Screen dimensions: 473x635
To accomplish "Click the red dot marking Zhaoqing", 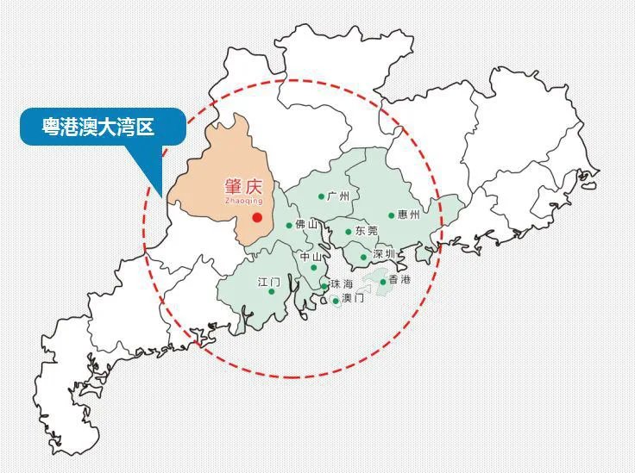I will (x=257, y=217).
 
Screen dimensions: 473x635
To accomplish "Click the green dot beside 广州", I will (x=321, y=196).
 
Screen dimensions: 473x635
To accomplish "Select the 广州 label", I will (x=338, y=196).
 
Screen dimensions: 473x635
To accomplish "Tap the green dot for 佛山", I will (x=289, y=226).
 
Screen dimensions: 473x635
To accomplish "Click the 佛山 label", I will (x=306, y=225).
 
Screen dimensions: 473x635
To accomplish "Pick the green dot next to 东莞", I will (x=349, y=232).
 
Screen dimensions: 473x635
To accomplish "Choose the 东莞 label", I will (x=366, y=231).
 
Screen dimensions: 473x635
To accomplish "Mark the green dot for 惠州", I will (x=391, y=215).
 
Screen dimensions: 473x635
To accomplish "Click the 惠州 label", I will (x=409, y=215).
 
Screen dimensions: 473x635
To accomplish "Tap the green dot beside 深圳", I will (x=364, y=257).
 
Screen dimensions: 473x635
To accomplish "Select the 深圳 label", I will (x=384, y=254).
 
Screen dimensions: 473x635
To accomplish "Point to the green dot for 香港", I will (x=383, y=282).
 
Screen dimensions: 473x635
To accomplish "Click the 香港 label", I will (x=400, y=280).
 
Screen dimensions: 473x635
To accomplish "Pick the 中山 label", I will (x=311, y=257).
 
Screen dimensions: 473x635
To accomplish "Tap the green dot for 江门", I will (x=272, y=291).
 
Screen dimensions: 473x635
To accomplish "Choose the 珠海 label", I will (x=341, y=284).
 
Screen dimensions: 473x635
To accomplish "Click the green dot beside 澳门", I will (x=336, y=301).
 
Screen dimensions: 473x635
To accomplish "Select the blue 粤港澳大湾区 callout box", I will (x=103, y=127).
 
